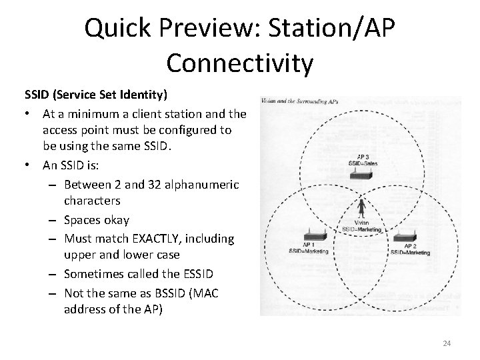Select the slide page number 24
pos(447,343)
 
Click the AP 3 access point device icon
pos(363,174)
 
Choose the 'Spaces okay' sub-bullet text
pos(97,219)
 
